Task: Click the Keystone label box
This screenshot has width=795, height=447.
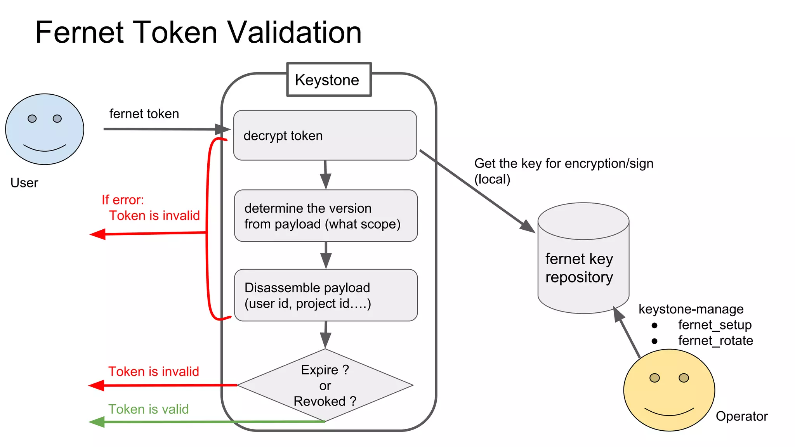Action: point(329,80)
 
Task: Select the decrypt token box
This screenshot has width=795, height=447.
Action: point(325,135)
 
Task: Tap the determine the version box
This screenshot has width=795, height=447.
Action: point(326,216)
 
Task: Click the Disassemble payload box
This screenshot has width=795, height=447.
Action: point(326,295)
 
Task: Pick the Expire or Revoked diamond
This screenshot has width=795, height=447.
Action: point(325,385)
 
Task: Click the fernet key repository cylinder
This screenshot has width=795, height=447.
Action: point(583,268)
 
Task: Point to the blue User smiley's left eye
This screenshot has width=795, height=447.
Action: point(32,119)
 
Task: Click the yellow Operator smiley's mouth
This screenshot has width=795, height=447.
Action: point(669,412)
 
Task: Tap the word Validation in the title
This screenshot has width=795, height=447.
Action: point(294,33)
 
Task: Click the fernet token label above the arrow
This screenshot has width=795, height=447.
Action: point(144,114)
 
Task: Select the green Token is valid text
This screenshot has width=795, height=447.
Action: point(148,409)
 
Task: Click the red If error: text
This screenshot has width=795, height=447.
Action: point(123,200)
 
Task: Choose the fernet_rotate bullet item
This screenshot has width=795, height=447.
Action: point(715,341)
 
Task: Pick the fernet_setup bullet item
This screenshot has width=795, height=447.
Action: point(714,325)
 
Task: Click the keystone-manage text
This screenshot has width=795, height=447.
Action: point(691,309)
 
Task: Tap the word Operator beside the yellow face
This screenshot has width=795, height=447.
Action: point(741,416)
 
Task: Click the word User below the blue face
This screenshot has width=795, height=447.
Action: point(24,183)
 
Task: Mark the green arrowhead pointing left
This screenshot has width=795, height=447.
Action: point(97,422)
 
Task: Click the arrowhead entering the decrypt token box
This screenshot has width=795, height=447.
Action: point(223,129)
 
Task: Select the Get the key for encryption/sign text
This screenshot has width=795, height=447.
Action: point(564,163)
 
